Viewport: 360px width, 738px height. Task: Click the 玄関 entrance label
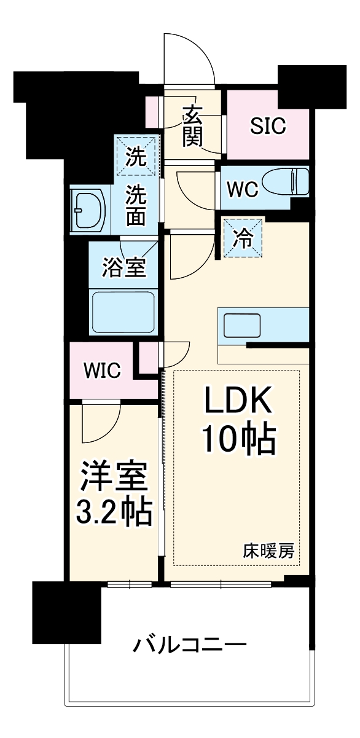(x=192, y=126)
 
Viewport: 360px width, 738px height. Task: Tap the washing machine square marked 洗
(x=136, y=157)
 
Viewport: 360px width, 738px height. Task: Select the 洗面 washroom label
(x=136, y=206)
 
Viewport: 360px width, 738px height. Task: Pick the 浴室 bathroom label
(x=123, y=269)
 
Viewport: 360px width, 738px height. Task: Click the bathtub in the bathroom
(x=123, y=312)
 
